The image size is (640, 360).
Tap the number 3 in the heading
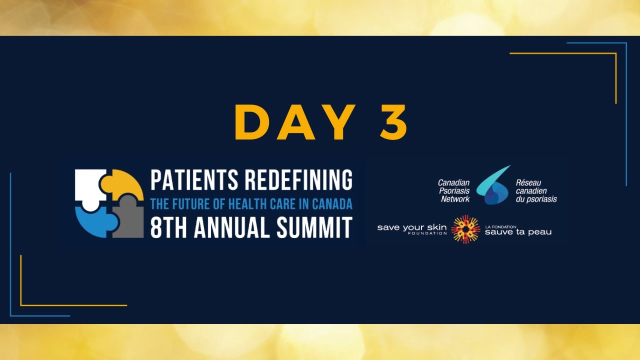point(394,123)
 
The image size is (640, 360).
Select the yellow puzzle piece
point(123,184)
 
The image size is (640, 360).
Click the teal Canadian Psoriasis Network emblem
point(492,186)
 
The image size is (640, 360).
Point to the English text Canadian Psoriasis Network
point(454,191)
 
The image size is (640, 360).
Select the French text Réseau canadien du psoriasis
point(535,191)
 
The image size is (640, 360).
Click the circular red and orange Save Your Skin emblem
point(465,229)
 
